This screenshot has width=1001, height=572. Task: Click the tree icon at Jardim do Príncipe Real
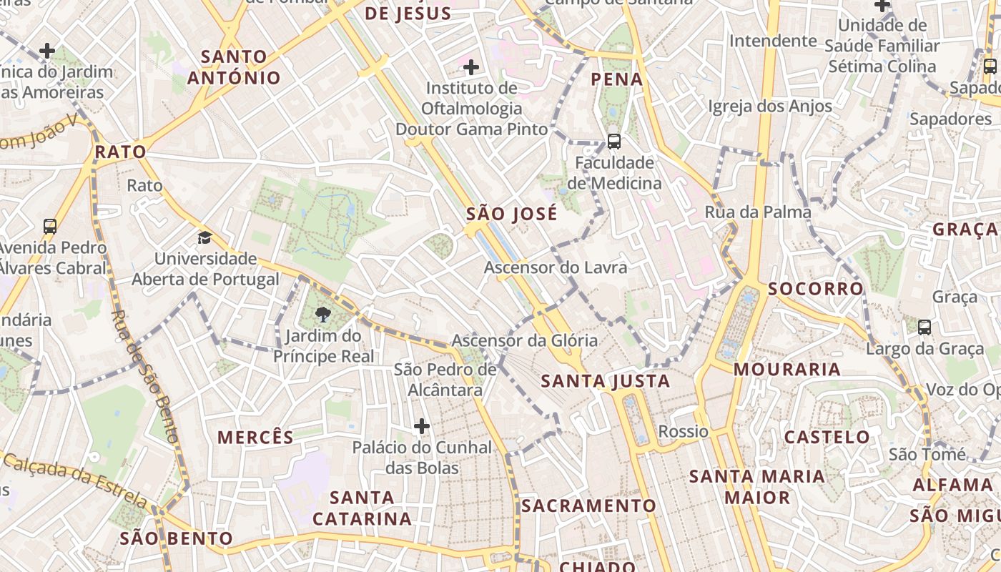(x=323, y=314)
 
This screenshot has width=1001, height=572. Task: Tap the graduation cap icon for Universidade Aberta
(x=205, y=237)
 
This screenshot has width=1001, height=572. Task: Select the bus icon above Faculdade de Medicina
(x=613, y=142)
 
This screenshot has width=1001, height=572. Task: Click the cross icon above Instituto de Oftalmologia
(x=471, y=67)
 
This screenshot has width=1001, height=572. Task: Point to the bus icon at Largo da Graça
(x=924, y=327)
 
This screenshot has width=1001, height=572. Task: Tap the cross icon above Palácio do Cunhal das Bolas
(x=422, y=426)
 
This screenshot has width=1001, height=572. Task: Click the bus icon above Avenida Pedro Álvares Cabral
(x=50, y=227)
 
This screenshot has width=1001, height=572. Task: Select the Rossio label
(x=684, y=431)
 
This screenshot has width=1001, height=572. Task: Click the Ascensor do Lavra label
(x=556, y=267)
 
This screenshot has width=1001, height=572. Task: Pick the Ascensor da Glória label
(x=525, y=340)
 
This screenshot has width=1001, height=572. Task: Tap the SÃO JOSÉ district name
(x=511, y=214)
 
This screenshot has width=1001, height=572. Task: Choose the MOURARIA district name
(x=787, y=370)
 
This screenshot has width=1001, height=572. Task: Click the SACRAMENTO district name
(x=588, y=506)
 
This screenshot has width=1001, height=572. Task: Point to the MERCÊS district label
(x=255, y=438)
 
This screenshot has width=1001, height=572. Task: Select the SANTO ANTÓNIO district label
(x=234, y=67)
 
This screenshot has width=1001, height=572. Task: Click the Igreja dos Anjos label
(x=770, y=107)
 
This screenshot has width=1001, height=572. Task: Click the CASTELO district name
(x=827, y=437)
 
